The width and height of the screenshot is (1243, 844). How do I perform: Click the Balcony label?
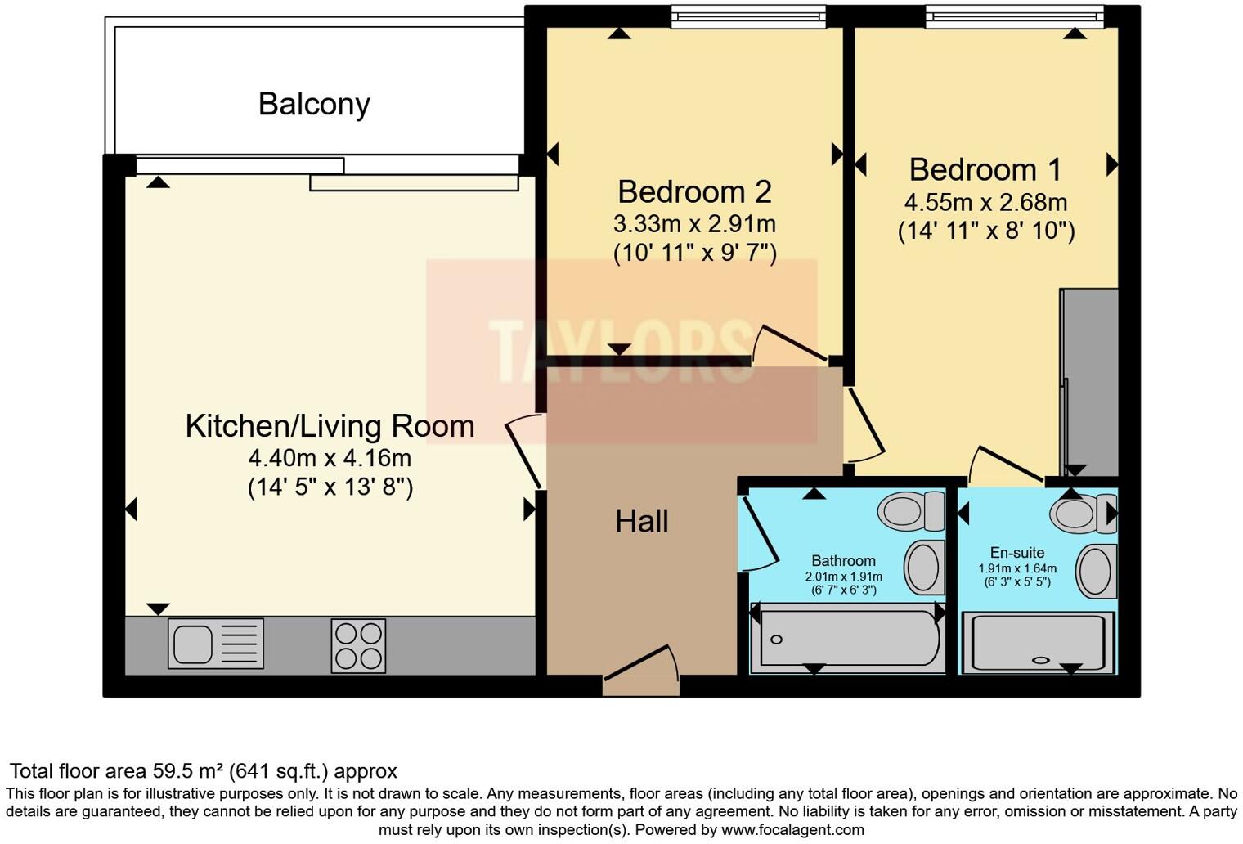point(314,105)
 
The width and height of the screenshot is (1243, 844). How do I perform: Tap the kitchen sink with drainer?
point(216,644)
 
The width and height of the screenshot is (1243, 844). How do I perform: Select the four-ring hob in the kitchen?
point(358,646)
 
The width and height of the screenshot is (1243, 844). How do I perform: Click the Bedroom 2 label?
point(694,192)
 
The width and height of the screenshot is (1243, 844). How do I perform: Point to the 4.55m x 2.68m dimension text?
point(985,202)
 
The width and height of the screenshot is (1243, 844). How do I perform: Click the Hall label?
point(642,522)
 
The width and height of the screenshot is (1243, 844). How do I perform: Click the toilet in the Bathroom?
point(911,511)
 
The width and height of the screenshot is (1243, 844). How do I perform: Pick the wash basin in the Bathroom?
point(924,567)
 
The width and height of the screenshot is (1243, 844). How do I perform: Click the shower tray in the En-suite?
point(1038,643)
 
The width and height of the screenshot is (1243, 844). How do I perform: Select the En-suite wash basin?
point(1095,571)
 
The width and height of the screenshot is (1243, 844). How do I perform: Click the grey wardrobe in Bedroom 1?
point(1089,380)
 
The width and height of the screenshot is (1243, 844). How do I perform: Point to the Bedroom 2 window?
point(747,16)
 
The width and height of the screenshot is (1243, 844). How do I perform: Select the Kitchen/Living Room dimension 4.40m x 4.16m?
point(330,458)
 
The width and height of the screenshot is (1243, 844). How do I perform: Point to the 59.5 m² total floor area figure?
point(188,771)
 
